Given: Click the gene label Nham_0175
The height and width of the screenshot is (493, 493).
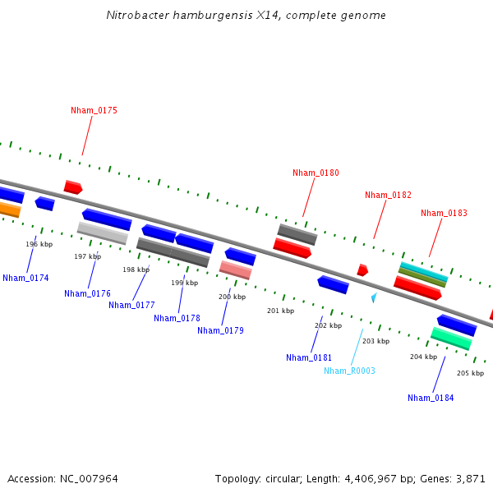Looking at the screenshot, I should pos(94,110).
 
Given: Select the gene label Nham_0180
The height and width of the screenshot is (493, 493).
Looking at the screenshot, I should pos(316,173).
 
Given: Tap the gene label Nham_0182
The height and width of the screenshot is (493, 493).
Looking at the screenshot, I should pos(388,195).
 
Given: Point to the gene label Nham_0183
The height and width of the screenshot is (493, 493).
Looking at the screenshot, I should pos(444,213).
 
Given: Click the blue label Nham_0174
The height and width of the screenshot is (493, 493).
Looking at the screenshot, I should pos(25,278).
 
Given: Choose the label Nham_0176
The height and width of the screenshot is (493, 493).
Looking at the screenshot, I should pos(87,293).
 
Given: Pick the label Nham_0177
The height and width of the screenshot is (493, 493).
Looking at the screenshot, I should pos(131,305).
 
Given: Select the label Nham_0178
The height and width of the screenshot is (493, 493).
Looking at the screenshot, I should pos(177,318).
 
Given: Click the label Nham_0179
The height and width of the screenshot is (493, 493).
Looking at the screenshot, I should pos(220,330).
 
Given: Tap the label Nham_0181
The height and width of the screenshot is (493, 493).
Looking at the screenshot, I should pos(309,357).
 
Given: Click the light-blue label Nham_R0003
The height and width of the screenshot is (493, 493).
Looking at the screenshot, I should pos(349,371).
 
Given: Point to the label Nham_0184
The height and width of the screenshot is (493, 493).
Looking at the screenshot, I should pos(431,398).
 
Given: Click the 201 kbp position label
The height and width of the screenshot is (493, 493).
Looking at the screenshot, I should pos(280,311).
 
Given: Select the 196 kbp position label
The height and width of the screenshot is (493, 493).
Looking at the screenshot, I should pos(39,244).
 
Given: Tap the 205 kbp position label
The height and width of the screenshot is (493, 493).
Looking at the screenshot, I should pos(470,373).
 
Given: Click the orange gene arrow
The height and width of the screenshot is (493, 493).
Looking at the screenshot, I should pos(8,210).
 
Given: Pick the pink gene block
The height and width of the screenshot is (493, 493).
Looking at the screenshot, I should pos(236,270).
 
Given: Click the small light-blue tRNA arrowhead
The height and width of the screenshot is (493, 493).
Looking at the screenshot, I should pos(374,297).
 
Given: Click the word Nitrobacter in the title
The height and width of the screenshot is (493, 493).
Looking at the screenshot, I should pos(136,16).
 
